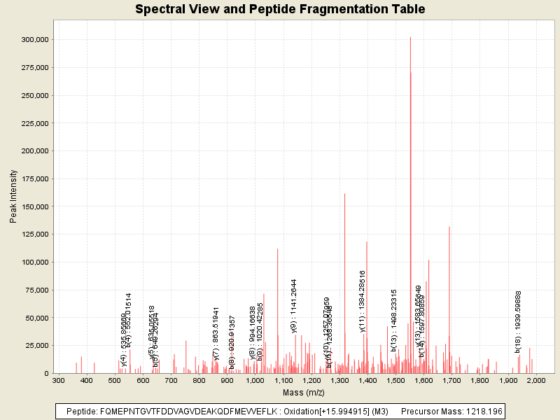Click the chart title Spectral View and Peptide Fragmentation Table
coord(280,10)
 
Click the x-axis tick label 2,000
coord(535,380)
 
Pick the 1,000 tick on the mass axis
coord(255,380)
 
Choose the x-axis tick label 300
coord(59,380)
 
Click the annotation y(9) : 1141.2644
coord(295,306)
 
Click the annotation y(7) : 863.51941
coord(217,335)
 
